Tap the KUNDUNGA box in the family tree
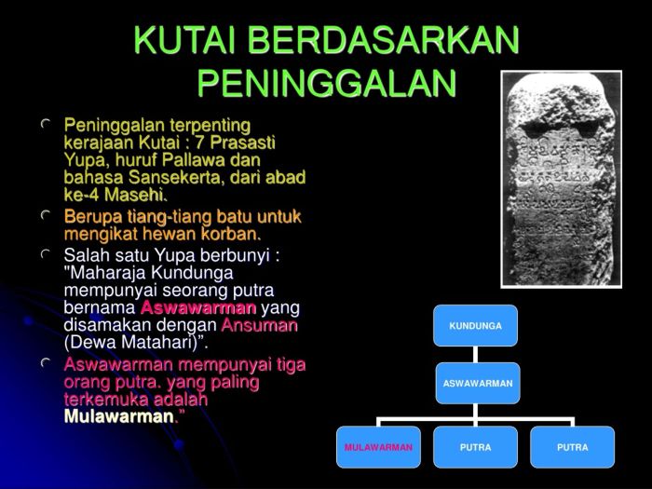475,326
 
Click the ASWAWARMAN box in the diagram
477,383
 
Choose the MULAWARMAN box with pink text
378,447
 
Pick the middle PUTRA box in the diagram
475,447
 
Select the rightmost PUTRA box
572,447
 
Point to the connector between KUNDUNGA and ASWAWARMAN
475,354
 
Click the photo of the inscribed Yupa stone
561,179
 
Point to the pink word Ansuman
259,325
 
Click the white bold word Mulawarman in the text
118,416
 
